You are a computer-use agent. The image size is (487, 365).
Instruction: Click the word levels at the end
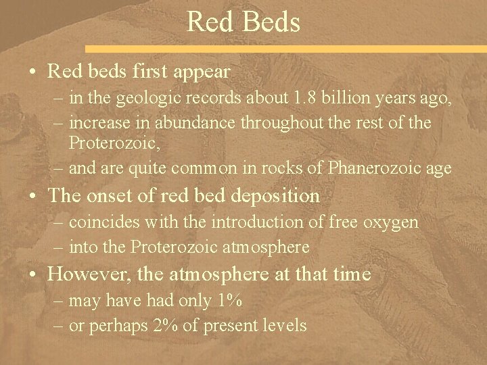click(x=285, y=325)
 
